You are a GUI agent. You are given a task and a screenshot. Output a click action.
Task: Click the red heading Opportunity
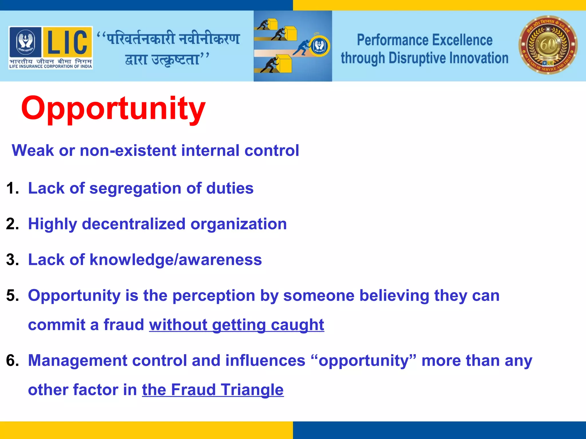(113, 109)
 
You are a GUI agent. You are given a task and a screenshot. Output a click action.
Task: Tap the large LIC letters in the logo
(68, 41)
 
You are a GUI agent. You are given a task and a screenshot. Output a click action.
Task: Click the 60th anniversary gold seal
(548, 45)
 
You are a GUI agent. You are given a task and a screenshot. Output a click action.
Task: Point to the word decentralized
(134, 224)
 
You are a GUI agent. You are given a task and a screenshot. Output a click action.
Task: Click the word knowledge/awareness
(176, 260)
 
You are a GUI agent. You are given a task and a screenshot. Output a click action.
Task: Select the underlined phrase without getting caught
(236, 325)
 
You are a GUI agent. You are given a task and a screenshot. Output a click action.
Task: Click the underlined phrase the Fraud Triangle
(213, 390)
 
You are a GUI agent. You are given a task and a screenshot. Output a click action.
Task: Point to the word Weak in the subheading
(33, 150)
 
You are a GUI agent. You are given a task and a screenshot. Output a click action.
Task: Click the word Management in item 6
(77, 360)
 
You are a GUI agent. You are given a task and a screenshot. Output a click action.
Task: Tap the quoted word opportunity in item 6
(363, 361)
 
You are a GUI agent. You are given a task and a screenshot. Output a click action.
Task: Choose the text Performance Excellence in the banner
(425, 40)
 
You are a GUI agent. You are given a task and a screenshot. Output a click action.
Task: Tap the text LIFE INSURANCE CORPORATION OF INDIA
(51, 66)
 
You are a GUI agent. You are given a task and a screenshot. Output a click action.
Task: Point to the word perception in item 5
(213, 296)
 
